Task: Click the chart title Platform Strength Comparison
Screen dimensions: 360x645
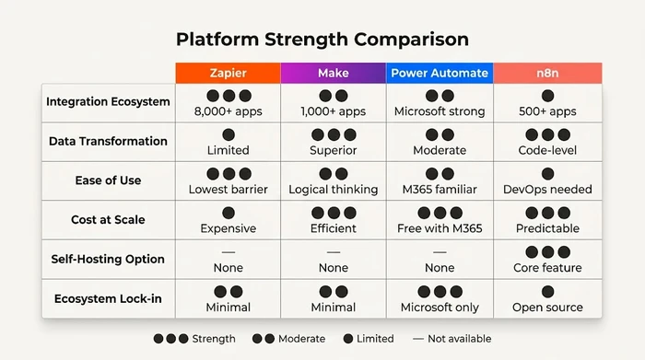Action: [322, 40]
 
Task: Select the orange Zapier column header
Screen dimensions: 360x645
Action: [228, 73]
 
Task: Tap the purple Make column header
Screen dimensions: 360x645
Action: [333, 73]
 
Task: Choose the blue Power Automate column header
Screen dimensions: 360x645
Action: [440, 73]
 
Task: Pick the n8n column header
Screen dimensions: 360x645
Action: [547, 73]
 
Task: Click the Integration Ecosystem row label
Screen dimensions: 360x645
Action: [108, 102]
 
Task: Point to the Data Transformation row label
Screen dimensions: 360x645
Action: [108, 142]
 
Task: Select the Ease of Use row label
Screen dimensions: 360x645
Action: [108, 180]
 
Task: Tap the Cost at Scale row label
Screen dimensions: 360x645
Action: [108, 220]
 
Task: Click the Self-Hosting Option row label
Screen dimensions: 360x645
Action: [108, 259]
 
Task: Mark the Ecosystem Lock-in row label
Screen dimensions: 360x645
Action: [108, 298]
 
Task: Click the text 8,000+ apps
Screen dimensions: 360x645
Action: [228, 111]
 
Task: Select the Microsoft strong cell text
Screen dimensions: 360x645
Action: [440, 111]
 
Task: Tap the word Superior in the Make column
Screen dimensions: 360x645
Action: [333, 150]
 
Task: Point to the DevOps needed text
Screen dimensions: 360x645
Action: [547, 190]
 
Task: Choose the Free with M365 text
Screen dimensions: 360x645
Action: [440, 228]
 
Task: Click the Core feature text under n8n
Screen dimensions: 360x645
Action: [547, 268]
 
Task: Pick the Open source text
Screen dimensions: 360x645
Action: [547, 308]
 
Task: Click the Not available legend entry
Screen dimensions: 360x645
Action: [451, 339]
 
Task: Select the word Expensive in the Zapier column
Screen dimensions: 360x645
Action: [228, 228]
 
